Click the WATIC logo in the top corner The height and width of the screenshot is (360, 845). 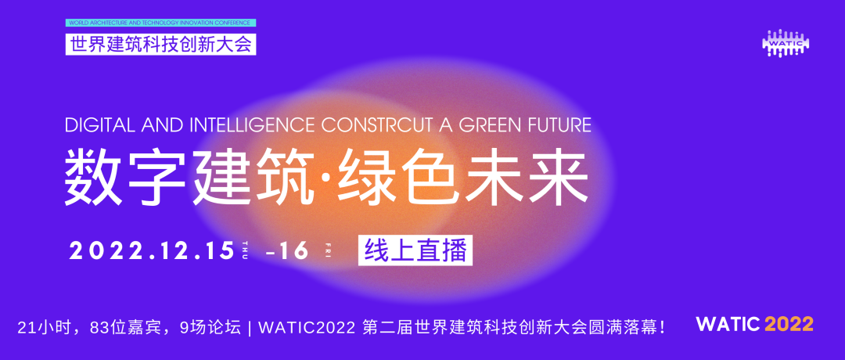(786, 42)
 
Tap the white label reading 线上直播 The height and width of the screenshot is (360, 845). (415, 251)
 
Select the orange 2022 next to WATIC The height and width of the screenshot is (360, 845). (789, 325)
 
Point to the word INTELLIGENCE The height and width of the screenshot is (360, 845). (252, 125)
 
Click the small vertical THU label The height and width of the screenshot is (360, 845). (245, 251)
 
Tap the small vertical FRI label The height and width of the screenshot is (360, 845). (327, 251)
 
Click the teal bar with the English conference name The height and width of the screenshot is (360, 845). (160, 23)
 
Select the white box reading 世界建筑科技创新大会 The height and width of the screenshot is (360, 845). (160, 44)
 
